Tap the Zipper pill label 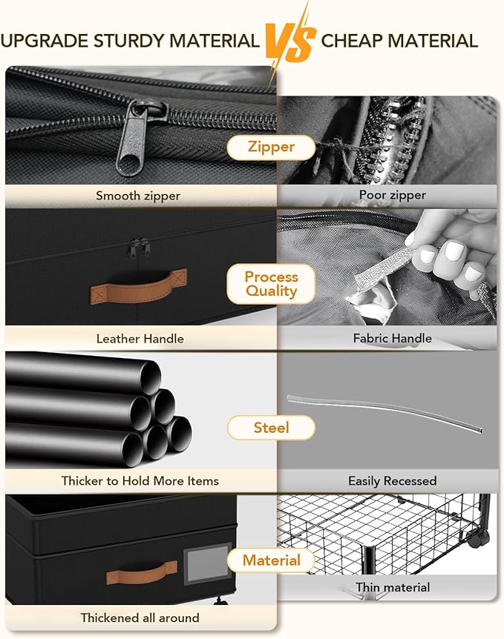point(271,147)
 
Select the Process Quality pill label point(271,284)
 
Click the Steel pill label point(271,428)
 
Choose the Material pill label point(271,560)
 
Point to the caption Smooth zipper point(138,196)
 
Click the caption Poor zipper point(392,195)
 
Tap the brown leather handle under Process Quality point(138,286)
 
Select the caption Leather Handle point(140,339)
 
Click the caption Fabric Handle point(392,338)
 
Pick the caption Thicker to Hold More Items point(140,481)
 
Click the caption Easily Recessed point(392,481)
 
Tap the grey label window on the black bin point(207,564)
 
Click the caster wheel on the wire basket point(479,539)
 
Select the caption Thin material point(392,587)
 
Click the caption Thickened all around point(140,618)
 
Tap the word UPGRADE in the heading point(45,42)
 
